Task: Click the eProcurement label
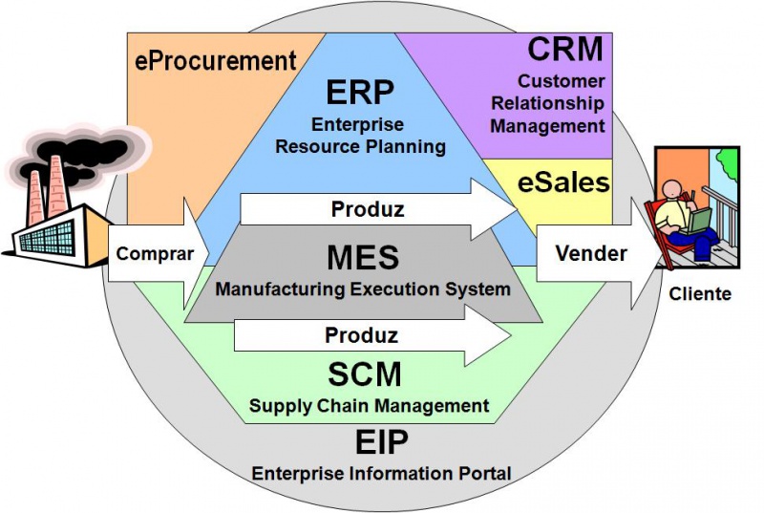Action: (216, 61)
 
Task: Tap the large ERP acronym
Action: (360, 93)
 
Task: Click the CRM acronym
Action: (565, 48)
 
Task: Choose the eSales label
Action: (562, 182)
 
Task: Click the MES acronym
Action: (362, 258)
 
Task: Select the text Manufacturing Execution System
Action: (363, 289)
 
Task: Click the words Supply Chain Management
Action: (369, 406)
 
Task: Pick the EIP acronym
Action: (381, 441)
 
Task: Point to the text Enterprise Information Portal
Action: (381, 472)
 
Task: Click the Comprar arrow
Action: (155, 254)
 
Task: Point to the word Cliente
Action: (700, 294)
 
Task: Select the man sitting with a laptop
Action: (688, 215)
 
